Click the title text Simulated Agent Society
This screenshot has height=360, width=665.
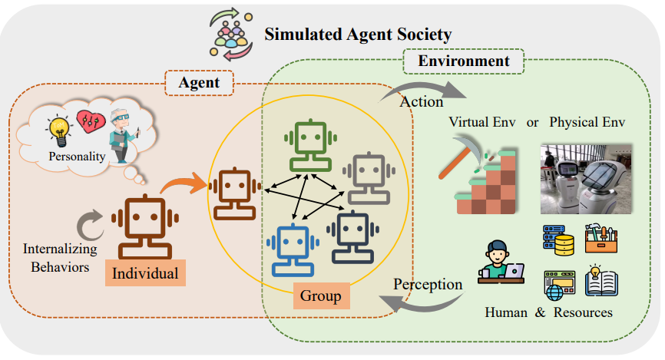(358, 35)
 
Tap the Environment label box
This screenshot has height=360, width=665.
(463, 61)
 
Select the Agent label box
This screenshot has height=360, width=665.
(200, 83)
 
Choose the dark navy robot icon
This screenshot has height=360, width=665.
(352, 236)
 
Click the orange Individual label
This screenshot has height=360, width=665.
(145, 272)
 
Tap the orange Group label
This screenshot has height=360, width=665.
(321, 295)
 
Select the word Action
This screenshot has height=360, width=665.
(422, 101)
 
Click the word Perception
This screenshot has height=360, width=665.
(428, 284)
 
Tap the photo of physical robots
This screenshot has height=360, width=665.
(586, 178)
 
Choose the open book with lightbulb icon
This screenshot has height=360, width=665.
(602, 281)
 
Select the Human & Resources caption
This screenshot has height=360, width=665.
(548, 312)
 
